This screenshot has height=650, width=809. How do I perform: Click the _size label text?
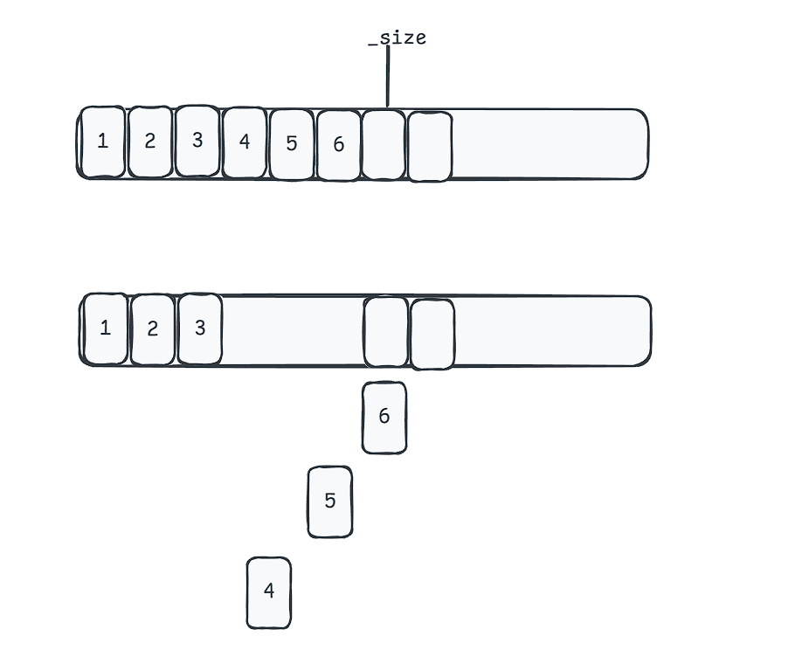(x=398, y=38)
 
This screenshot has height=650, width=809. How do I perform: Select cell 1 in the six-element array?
(x=103, y=142)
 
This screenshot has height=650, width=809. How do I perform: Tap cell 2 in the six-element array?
(x=150, y=142)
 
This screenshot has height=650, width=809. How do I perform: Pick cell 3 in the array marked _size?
(x=197, y=141)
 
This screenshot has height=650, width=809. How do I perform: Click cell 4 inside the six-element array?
(x=245, y=142)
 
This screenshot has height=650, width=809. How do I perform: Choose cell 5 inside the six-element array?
(x=292, y=144)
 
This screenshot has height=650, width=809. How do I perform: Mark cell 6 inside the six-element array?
(x=339, y=145)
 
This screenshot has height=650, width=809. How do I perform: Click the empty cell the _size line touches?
(x=384, y=144)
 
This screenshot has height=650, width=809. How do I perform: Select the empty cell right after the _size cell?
(x=430, y=146)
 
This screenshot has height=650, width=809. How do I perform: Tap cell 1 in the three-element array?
(x=106, y=328)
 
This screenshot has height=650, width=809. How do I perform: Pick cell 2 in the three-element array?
(x=153, y=329)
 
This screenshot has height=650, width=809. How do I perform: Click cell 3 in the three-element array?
(x=200, y=328)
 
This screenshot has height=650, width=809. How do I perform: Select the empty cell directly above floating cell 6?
(x=386, y=331)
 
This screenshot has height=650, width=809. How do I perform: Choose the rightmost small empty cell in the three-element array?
(x=432, y=334)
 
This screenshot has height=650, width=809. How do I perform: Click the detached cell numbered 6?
(x=384, y=418)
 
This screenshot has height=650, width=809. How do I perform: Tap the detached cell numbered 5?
(x=330, y=501)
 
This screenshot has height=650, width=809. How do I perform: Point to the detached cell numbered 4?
(x=269, y=592)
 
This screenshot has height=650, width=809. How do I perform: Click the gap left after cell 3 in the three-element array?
(x=292, y=330)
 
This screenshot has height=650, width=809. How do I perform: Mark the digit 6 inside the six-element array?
(x=339, y=145)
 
